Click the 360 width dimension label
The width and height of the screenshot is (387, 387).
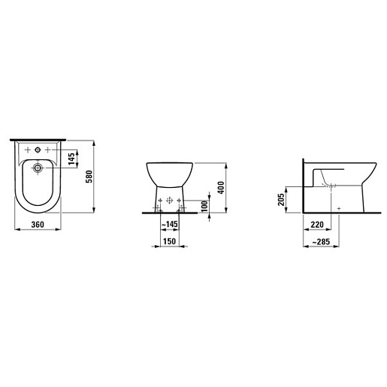tap(38, 225)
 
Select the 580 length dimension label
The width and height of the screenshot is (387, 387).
tap(89, 177)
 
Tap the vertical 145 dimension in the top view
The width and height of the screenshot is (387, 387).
tap(71, 159)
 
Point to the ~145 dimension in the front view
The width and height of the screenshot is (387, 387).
tap(170, 224)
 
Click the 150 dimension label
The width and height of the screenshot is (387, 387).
tap(170, 241)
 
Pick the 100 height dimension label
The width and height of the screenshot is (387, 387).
tap(204, 206)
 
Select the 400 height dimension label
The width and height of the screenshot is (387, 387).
tap(221, 187)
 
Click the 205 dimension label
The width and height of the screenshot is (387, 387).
tap(281, 199)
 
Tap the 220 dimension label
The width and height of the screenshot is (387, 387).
tap(317, 225)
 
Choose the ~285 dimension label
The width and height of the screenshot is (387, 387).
tap(321, 242)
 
